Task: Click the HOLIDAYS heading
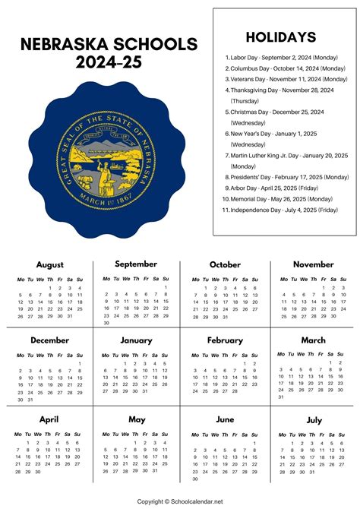click(x=280, y=36)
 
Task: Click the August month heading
click(x=49, y=264)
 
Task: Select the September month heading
click(x=136, y=264)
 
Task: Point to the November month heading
click(x=313, y=264)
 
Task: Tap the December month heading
click(x=49, y=340)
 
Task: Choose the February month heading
click(x=225, y=340)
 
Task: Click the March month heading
click(x=313, y=340)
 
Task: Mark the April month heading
click(x=49, y=419)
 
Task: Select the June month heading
click(x=225, y=419)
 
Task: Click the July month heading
click(x=313, y=419)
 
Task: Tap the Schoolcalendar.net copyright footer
click(x=180, y=501)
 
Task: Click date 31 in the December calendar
click(x=30, y=400)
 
